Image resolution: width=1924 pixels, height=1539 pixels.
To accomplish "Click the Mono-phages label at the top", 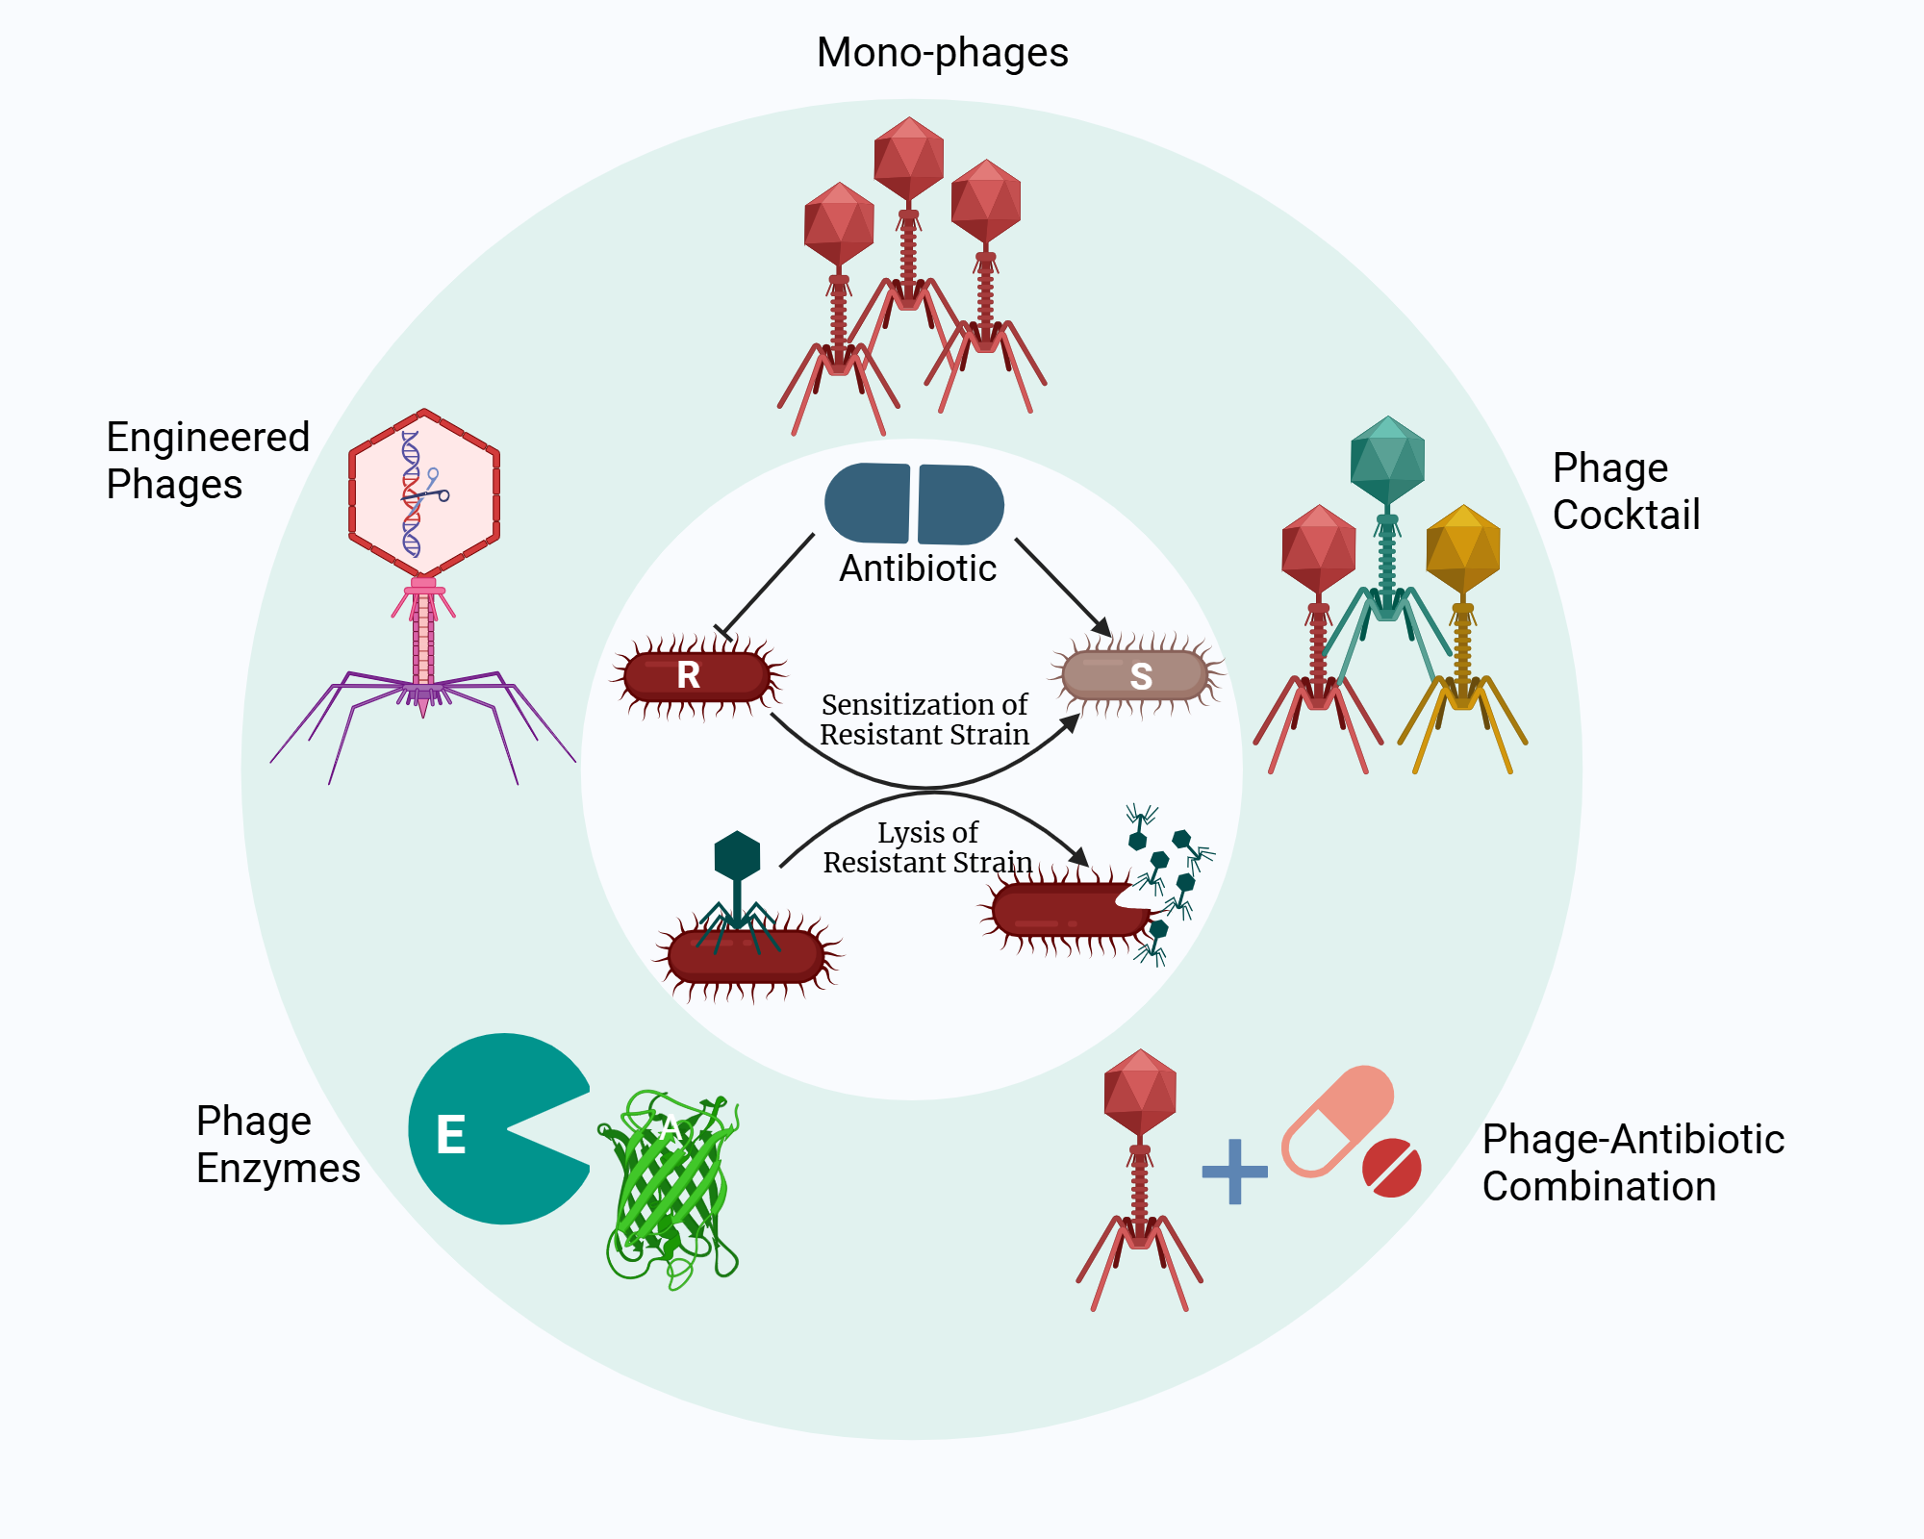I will click(942, 53).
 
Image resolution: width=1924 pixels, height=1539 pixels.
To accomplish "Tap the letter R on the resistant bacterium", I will click(688, 675).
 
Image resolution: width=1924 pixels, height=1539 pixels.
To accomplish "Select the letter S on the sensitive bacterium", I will click(1141, 676).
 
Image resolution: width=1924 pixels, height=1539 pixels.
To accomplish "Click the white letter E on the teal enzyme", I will click(451, 1135).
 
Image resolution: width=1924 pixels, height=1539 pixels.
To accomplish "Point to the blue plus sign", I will click(1234, 1172).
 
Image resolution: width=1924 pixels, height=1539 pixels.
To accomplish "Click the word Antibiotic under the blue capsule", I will click(917, 568).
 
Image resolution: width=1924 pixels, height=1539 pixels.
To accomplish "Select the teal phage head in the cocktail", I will click(1387, 460).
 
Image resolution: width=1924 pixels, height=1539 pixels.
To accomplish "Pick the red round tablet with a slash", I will click(1391, 1168).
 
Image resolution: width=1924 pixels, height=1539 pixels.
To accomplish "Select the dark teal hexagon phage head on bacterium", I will click(737, 855).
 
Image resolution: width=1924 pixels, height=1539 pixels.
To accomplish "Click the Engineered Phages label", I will click(207, 461).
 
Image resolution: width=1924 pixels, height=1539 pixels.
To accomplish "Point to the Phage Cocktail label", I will click(1626, 491).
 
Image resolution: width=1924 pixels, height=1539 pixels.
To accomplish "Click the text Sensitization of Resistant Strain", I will click(924, 719).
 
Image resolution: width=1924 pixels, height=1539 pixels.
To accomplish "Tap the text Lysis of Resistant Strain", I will click(927, 847).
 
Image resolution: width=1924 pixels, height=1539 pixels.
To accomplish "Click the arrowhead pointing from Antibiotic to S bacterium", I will click(1101, 627).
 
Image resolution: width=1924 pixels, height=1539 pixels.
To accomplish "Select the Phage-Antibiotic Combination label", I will click(1633, 1162).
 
